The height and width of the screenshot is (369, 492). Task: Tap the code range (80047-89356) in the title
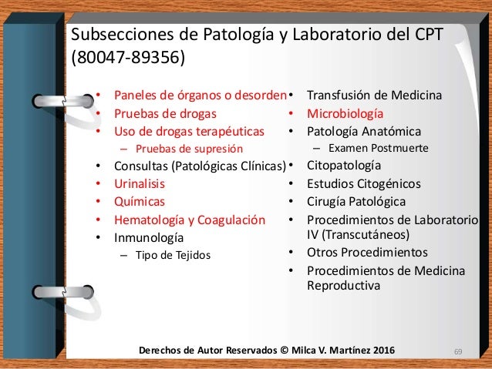[x=128, y=59]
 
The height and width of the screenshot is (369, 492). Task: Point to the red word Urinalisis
[x=140, y=184]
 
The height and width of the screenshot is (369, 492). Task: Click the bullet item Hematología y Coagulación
[x=190, y=220]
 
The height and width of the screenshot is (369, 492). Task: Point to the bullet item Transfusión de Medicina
[x=374, y=96]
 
